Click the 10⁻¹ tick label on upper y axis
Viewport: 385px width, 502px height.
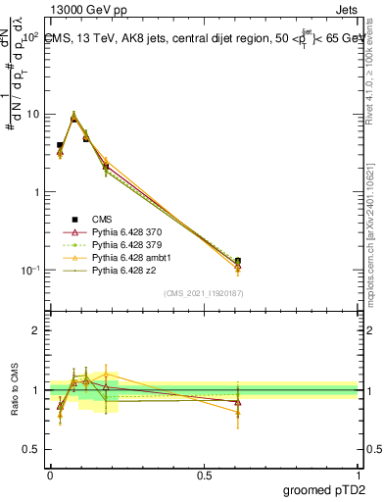(29, 270)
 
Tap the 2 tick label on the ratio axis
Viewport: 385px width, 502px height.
(35, 331)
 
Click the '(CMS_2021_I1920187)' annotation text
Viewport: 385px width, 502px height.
(203, 293)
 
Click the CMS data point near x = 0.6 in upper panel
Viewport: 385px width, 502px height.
(238, 262)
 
